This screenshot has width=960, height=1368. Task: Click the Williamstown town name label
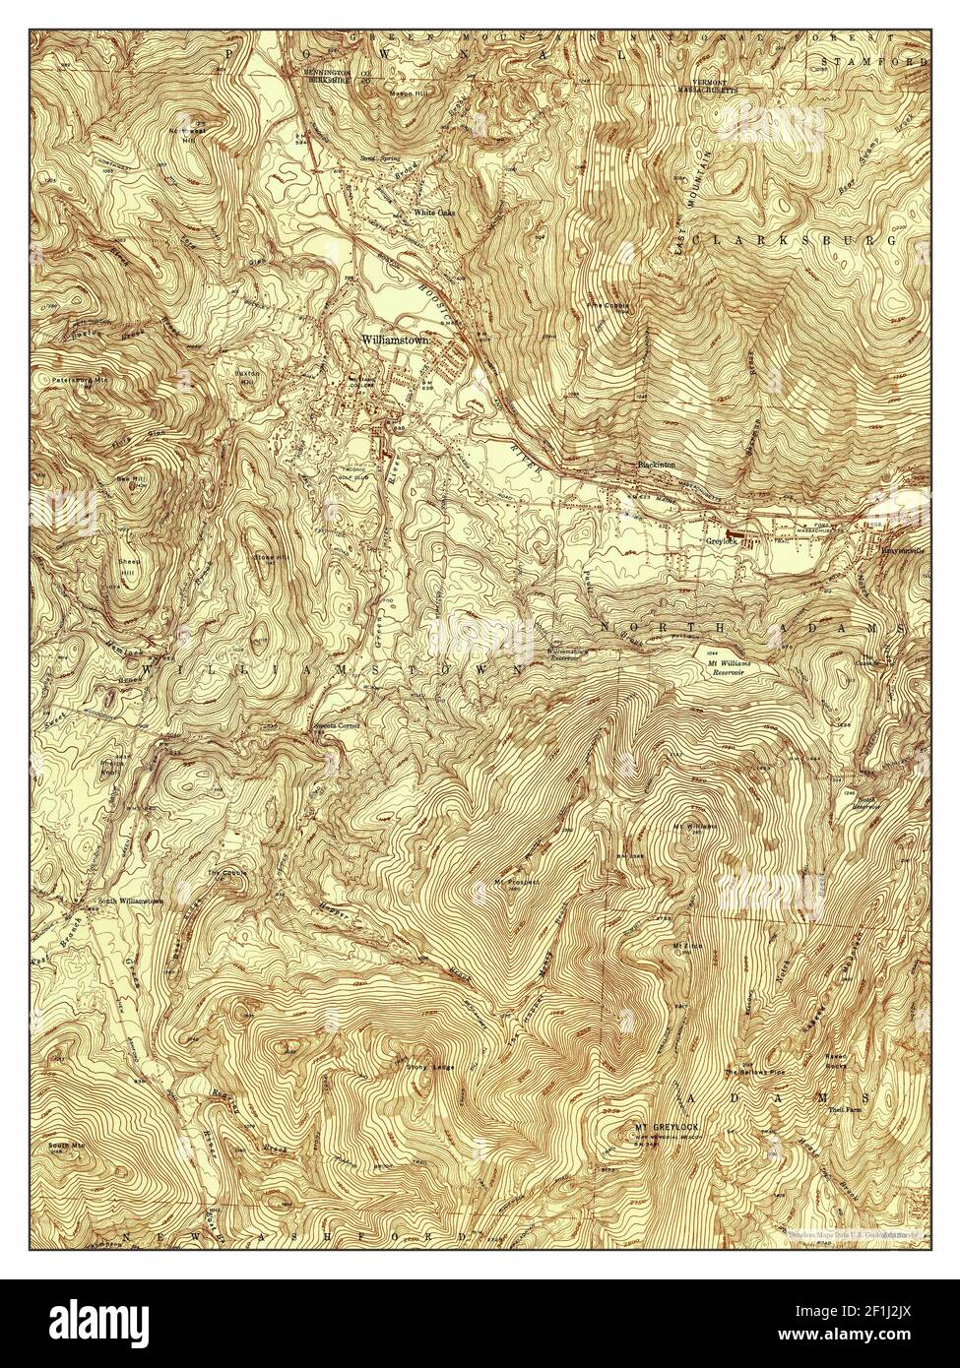399,339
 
